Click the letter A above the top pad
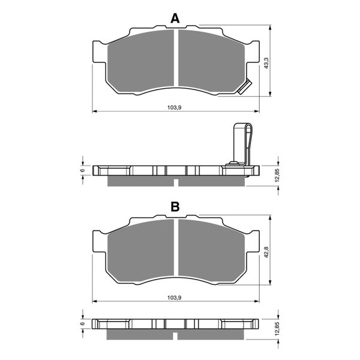coord(175,19)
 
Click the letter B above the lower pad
coord(175,207)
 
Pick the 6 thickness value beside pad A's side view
coord(83,171)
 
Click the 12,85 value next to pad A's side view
coord(277,174)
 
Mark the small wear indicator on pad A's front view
coord(244,88)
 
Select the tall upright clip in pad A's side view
coord(241,144)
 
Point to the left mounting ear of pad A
coord(95,50)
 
